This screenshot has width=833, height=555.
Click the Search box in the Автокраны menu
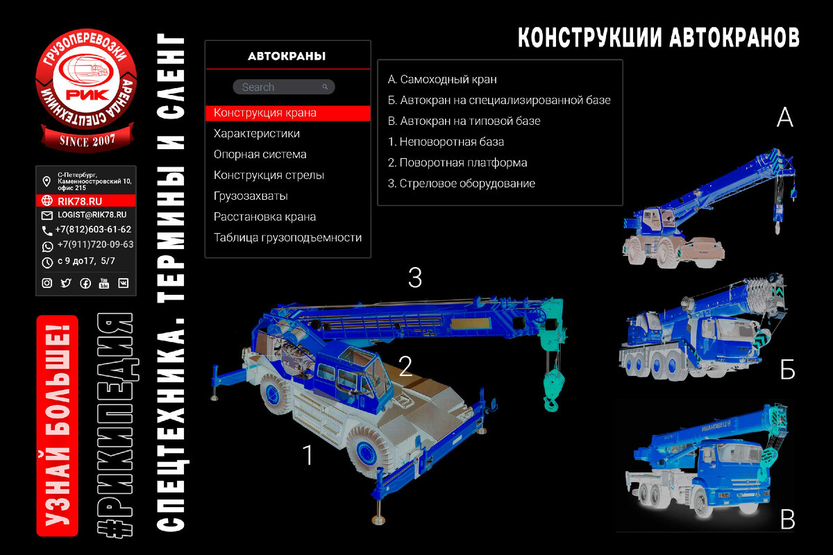[283, 87]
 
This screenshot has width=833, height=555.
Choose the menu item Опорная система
[260, 154]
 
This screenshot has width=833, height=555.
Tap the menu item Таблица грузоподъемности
[287, 237]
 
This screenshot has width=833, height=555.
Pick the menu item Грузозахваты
[251, 196]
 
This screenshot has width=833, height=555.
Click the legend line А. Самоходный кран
[442, 79]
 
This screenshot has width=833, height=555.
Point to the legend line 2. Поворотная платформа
[457, 162]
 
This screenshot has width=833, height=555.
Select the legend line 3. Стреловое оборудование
[462, 183]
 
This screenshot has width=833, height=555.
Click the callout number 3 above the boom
[414, 277]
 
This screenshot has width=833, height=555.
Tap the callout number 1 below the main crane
[308, 455]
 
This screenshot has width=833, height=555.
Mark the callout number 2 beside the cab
[405, 366]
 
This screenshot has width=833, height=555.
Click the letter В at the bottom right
[786, 519]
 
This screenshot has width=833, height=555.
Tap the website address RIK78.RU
[80, 200]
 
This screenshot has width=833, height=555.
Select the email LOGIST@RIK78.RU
[92, 215]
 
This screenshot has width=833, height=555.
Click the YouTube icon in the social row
[104, 283]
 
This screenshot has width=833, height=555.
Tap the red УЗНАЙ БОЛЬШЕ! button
[57, 425]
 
